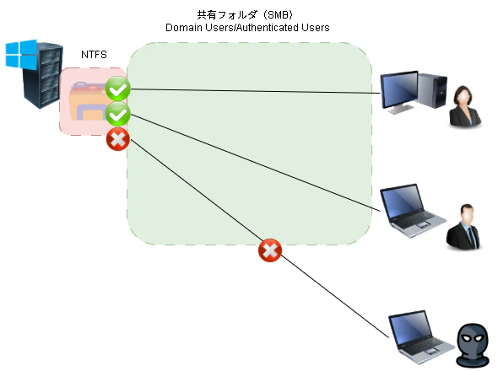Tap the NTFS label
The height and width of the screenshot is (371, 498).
94,55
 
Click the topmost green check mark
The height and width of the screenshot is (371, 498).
118,88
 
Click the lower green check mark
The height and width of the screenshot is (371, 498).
118,115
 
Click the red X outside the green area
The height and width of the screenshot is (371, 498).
269,250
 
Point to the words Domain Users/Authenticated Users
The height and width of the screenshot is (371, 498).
247,28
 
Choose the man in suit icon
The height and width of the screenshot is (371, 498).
463,226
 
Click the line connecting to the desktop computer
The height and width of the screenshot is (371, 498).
253,90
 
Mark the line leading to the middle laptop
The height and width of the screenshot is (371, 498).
253,161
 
